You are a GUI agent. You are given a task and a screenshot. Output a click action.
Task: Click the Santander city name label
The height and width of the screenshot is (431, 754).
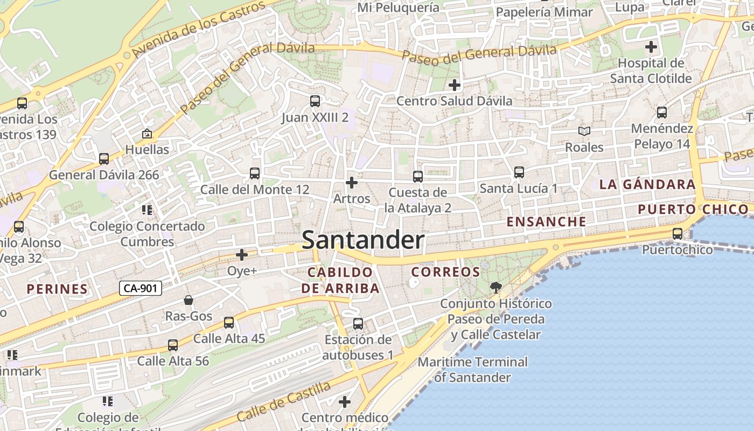coord(363,240)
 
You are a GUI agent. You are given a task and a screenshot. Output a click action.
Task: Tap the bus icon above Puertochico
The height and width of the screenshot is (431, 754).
coord(678,234)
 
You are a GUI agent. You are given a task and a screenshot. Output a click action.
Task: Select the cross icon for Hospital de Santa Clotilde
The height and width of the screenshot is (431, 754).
coord(651,47)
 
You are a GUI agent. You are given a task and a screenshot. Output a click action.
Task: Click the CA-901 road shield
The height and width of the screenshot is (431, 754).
coord(140,288)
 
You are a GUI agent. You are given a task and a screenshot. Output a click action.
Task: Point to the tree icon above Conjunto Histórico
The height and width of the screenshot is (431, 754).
coord(495,287)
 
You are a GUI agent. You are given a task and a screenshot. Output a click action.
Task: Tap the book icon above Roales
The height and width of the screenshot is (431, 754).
coord(584,131)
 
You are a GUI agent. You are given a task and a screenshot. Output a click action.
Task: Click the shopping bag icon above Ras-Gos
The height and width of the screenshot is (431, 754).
coord(188,300)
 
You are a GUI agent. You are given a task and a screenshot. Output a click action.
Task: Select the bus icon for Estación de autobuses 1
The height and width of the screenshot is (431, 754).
coord(358,324)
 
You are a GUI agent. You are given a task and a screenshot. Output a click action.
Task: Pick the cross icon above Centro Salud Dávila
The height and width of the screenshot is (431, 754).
coord(455,85)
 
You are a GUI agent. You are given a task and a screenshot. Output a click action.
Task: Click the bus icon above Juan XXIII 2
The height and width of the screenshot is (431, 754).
coord(315,101)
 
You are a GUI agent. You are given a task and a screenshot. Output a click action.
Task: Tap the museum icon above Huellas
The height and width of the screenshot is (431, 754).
coord(146,133)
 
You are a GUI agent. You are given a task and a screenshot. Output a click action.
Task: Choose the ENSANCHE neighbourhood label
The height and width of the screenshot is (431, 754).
coord(546,221)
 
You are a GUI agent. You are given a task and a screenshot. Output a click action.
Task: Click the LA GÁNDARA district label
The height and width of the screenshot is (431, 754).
coord(647,184)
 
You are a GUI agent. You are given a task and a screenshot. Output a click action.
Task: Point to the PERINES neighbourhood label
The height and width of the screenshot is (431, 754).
coord(57,289)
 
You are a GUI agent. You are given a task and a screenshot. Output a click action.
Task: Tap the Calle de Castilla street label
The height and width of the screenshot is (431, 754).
coord(283,402)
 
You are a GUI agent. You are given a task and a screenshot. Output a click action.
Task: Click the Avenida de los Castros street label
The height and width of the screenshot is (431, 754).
coord(199,29)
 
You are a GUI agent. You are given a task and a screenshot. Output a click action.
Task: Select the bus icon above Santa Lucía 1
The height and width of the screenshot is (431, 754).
coord(519,172)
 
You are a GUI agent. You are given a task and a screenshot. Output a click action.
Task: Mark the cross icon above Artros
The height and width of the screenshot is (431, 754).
coord(352,183)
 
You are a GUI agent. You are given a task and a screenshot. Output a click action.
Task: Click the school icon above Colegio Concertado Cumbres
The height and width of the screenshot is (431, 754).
coord(147,210)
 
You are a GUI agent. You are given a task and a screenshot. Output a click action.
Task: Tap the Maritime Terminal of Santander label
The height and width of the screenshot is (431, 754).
coord(472,370)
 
